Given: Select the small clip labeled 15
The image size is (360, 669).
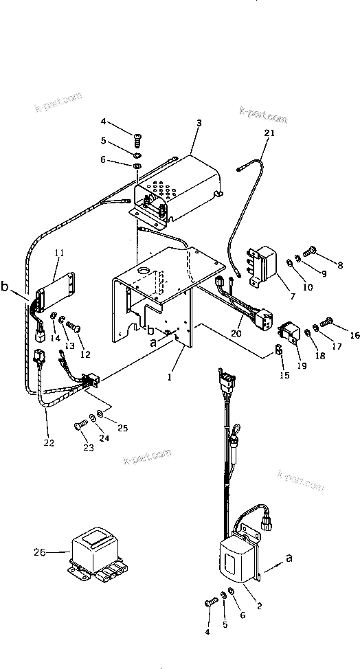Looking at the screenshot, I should coord(279,350).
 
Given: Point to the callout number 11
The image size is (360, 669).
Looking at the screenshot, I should coord(59,253).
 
